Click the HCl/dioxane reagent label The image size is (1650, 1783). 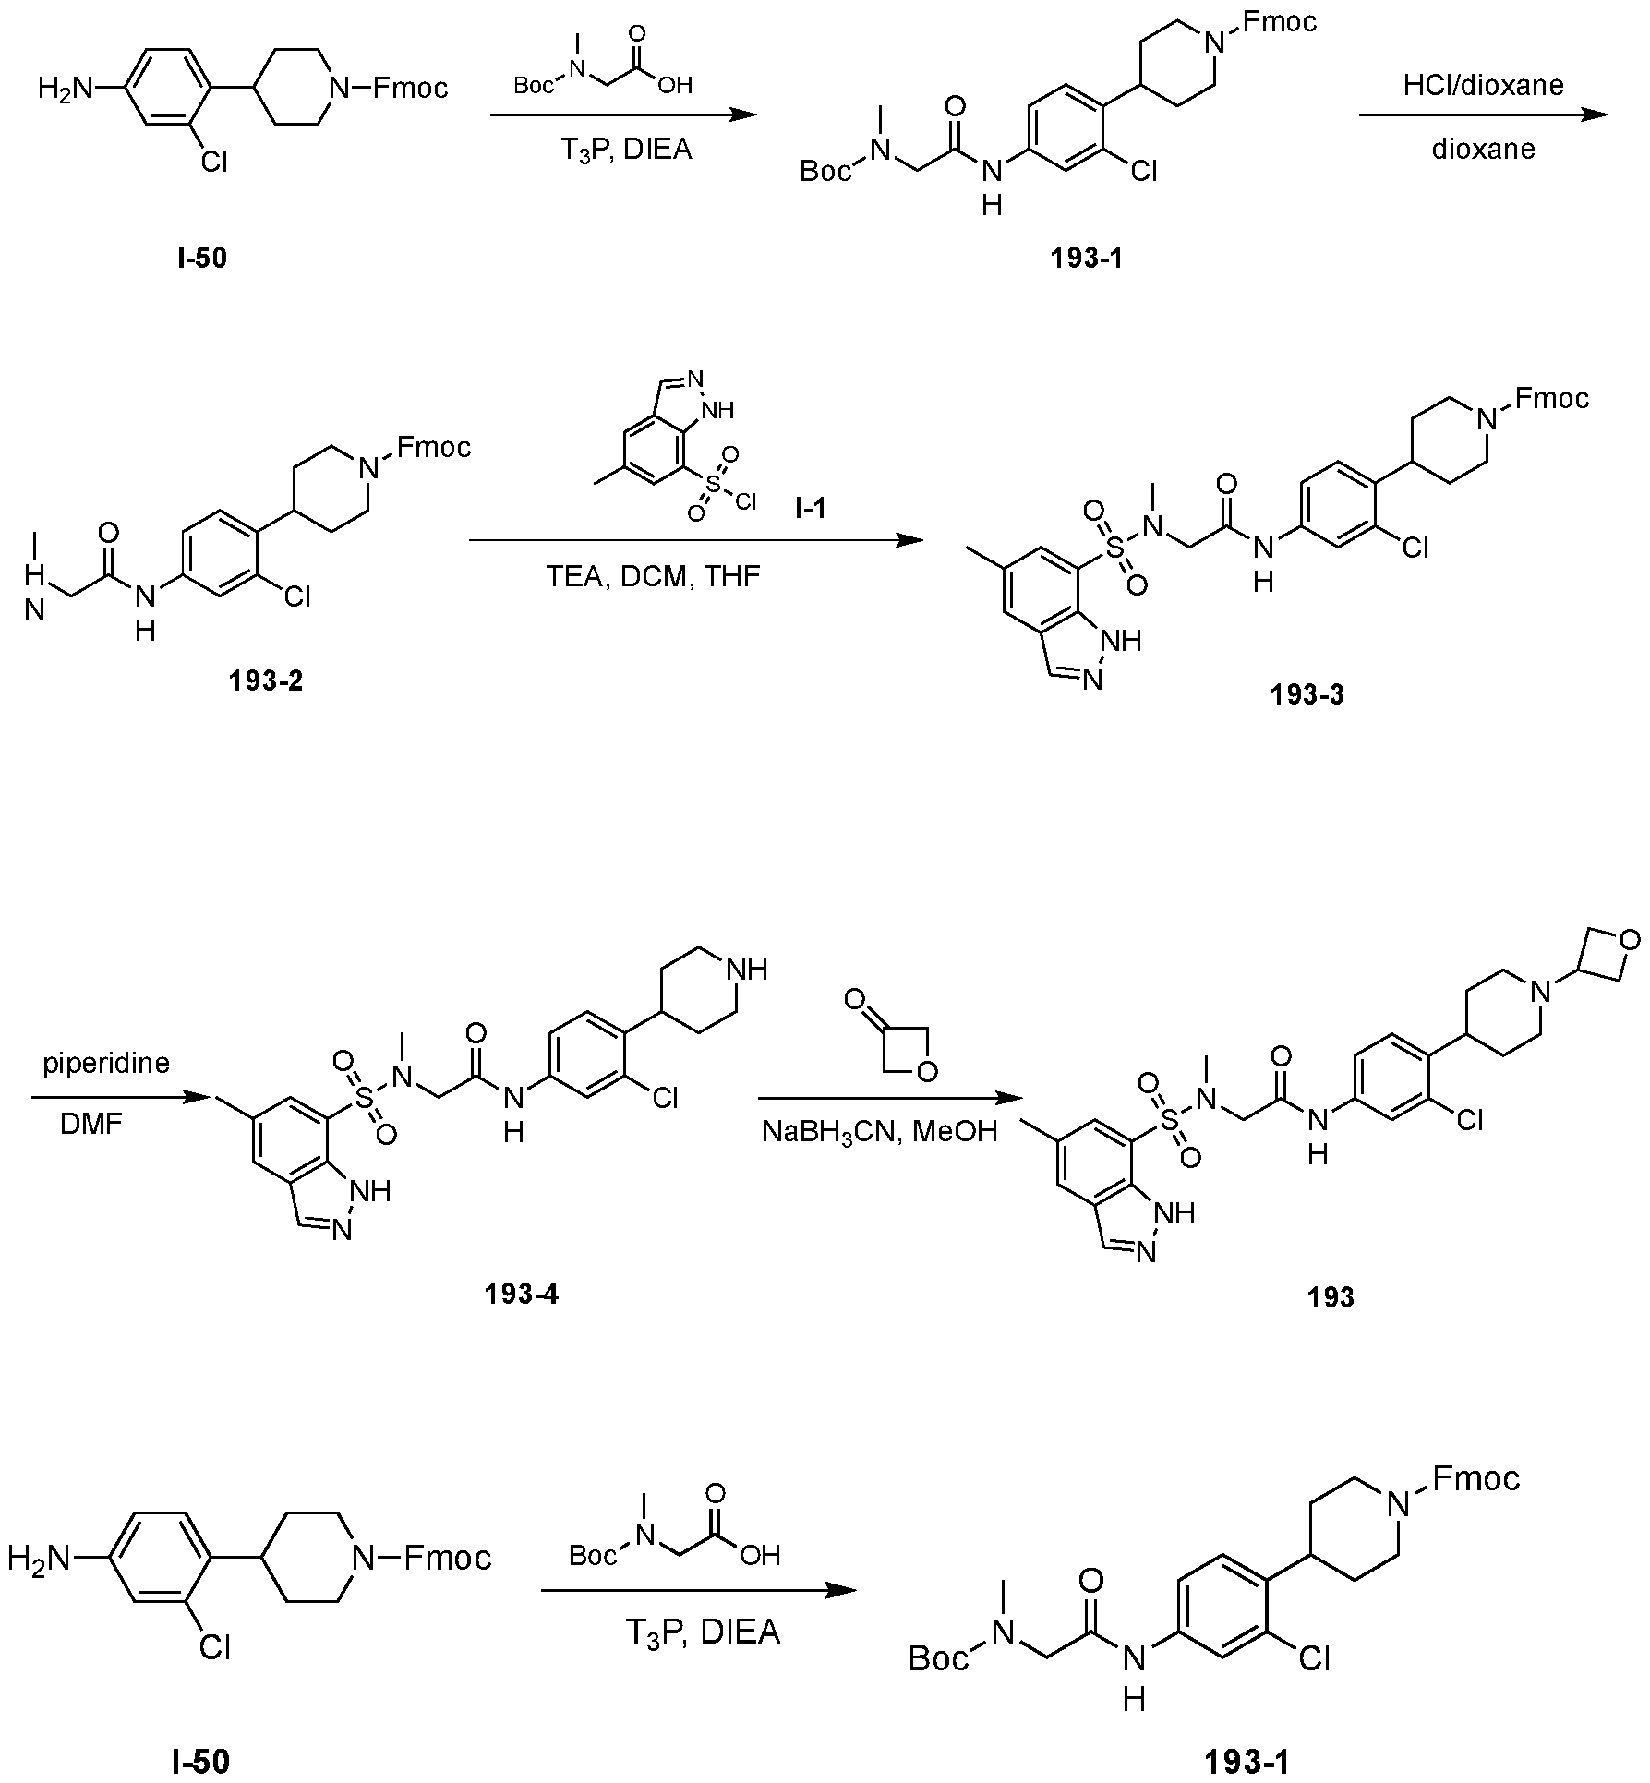[1483, 86]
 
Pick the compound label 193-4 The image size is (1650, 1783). [521, 1294]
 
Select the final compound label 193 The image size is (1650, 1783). [1331, 1297]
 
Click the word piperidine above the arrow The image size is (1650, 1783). [106, 1065]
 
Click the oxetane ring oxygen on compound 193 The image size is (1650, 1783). [1631, 941]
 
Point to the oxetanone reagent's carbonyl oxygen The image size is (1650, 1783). [855, 999]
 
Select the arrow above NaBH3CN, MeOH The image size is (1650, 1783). [891, 1099]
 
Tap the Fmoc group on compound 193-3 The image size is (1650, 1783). [1551, 398]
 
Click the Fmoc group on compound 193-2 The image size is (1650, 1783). [433, 448]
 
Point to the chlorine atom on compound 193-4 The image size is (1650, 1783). [665, 1097]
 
